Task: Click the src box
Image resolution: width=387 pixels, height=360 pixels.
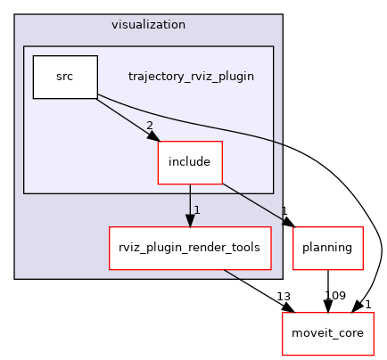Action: [64, 77]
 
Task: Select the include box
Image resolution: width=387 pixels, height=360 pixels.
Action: [189, 162]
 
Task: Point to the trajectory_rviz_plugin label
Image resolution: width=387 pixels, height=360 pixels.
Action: [191, 77]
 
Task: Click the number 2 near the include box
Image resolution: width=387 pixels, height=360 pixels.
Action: [150, 126]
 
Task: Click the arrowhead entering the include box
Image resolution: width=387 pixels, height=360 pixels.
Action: [152, 136]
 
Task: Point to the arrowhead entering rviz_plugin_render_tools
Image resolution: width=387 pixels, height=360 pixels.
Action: [189, 223]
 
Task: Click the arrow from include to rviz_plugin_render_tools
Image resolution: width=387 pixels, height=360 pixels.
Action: [189, 200]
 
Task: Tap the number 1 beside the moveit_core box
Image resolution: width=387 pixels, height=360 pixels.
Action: [367, 305]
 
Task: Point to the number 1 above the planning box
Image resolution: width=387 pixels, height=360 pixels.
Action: [284, 212]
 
